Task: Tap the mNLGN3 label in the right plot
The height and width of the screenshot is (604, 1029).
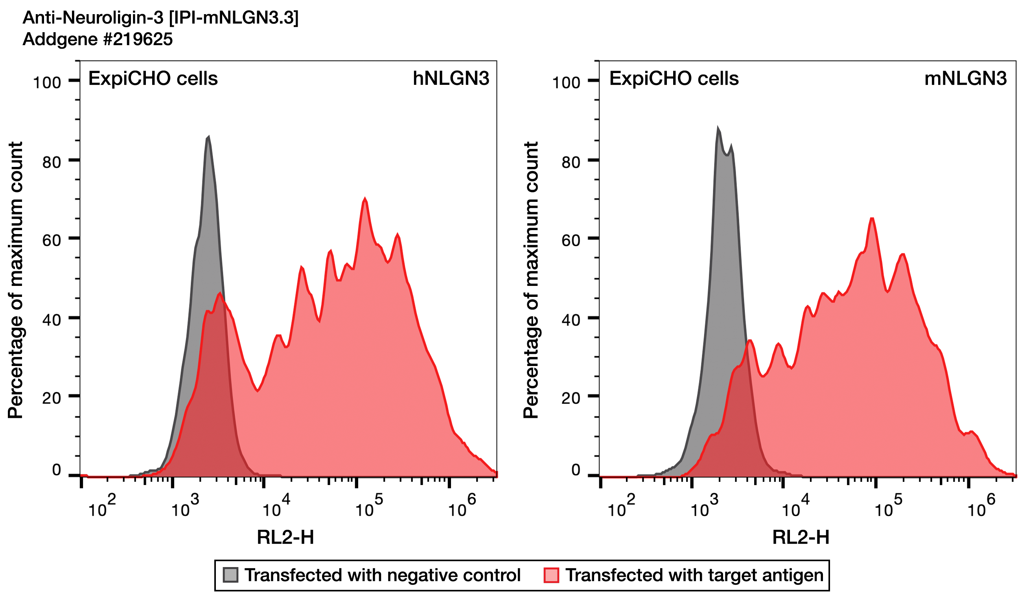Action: tap(965, 79)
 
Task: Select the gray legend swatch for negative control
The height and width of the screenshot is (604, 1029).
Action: tap(231, 575)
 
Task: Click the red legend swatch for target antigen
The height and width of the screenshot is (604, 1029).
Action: tap(551, 575)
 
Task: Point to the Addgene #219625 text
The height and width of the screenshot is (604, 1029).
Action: tap(98, 40)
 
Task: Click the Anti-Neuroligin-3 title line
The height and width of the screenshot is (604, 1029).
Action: tap(160, 18)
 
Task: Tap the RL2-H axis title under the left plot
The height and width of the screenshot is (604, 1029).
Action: tap(285, 538)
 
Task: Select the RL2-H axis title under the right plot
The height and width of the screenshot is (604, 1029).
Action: tap(801, 538)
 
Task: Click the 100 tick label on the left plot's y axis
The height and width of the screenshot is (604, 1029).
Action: tap(47, 83)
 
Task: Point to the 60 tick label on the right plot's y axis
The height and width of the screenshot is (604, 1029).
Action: tap(571, 241)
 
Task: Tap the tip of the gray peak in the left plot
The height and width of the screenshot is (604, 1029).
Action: tap(208, 137)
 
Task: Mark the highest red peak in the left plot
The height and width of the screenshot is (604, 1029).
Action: tap(365, 199)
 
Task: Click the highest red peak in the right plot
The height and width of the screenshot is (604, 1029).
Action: tap(872, 219)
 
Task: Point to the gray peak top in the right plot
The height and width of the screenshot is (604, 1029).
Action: tap(718, 128)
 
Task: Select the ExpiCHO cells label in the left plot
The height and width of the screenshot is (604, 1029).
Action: tap(153, 79)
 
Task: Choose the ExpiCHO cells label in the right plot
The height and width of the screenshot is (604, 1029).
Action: tap(674, 79)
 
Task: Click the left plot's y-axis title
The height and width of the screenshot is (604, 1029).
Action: tap(15, 280)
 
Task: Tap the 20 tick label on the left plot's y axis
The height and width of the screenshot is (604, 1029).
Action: tap(52, 398)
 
